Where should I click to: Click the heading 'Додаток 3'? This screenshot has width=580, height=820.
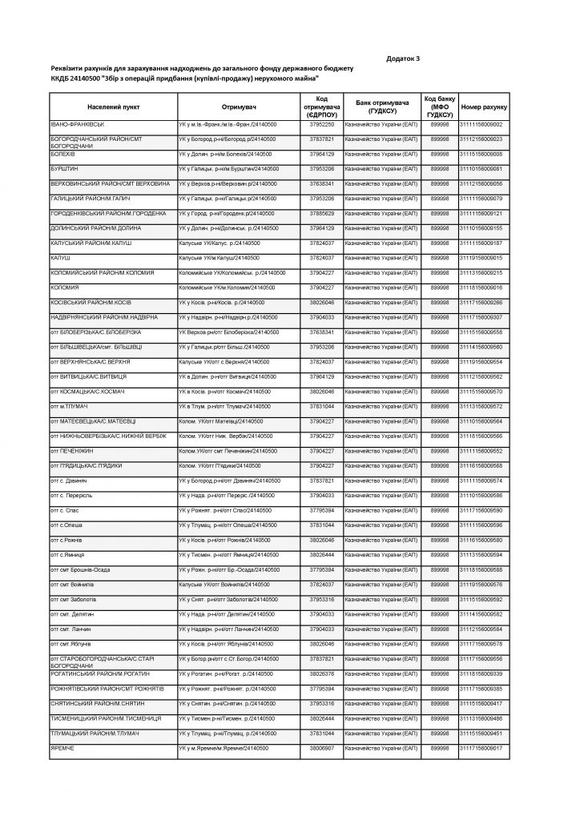403,58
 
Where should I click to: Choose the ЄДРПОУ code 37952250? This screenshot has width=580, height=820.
321,124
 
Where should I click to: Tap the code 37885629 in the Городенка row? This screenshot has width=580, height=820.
321,213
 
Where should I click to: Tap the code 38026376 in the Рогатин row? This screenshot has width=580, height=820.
321,674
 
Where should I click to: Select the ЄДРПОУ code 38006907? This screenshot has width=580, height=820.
321,748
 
